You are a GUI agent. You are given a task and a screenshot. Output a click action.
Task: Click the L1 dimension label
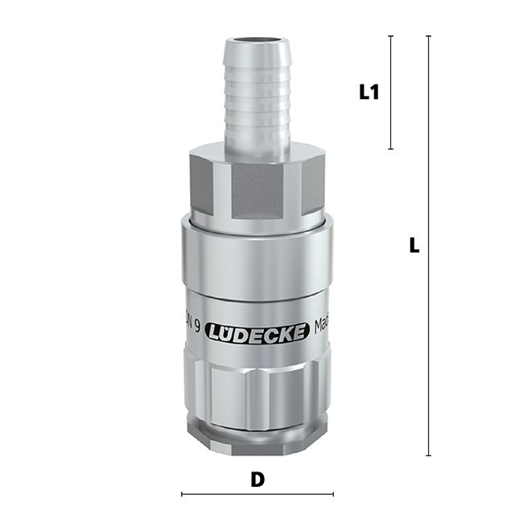point(369,93)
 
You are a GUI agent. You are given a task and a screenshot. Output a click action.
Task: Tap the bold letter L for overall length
point(414,246)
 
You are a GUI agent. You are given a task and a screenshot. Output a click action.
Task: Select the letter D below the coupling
point(257,480)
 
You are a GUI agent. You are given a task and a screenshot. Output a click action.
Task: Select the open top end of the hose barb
point(257,38)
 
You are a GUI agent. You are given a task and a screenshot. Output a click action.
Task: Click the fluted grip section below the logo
point(257,386)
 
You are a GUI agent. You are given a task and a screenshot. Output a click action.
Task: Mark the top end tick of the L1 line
point(391,36)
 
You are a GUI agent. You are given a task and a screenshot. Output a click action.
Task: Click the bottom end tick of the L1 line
point(391,149)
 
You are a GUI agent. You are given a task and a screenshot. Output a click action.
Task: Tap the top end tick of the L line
point(428,36)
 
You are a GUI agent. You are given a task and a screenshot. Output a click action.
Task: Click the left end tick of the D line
point(182,494)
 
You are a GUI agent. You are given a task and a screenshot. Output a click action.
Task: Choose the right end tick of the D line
point(333,494)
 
